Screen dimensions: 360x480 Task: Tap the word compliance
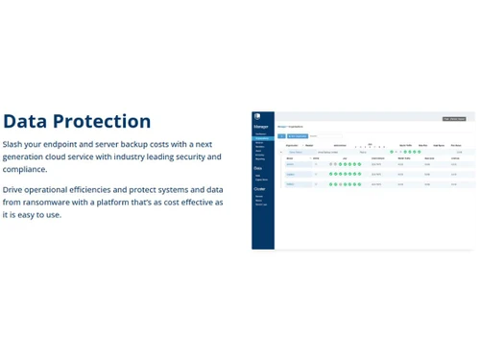[x=25, y=169]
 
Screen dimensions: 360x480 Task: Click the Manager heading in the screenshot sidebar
[x=260, y=127]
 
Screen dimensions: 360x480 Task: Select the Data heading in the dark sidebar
[x=257, y=168]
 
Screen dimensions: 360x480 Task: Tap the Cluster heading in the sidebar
[x=258, y=189]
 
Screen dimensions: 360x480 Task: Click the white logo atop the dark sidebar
[x=257, y=117]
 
